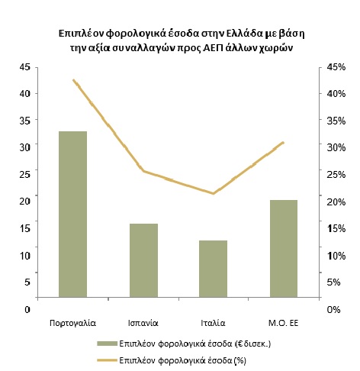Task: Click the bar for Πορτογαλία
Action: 72,215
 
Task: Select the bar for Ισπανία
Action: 143,260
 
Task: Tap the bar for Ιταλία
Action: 213,269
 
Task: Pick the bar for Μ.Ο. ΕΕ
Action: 284,249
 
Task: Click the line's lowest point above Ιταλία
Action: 213,193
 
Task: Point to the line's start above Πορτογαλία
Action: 73,80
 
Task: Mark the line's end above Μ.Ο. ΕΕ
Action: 283,142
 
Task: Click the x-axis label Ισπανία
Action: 143,323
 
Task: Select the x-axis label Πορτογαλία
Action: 72,324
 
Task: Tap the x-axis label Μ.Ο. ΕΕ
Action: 283,323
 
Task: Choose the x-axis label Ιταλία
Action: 213,323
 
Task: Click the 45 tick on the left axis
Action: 25,67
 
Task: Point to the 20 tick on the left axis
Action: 25,202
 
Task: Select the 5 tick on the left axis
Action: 27,282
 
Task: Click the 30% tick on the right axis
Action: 336,147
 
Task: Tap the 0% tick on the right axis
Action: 333,310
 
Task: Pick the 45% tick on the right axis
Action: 336,67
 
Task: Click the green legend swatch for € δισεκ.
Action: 107,344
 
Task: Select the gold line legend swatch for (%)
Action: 107,360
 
